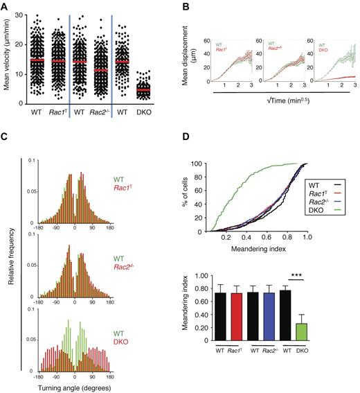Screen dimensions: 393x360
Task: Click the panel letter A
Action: click(6, 6)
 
